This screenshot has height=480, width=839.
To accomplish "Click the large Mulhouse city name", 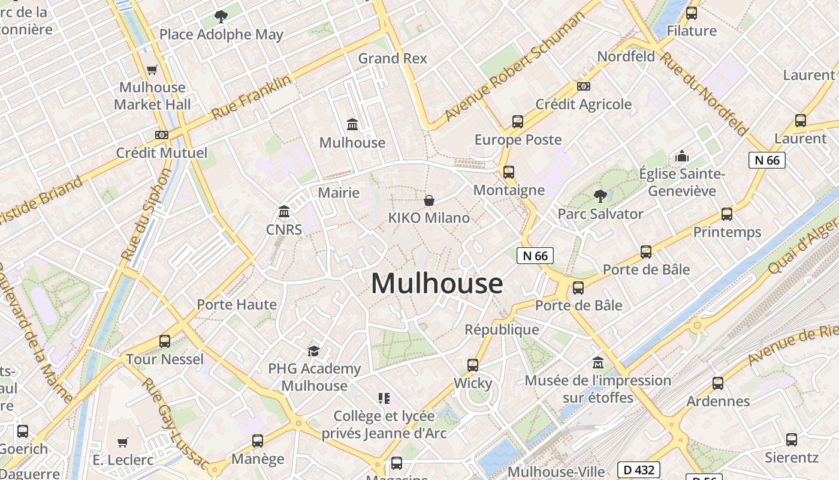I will tap(437, 283).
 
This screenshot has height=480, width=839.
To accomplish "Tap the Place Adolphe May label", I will tap(221, 35).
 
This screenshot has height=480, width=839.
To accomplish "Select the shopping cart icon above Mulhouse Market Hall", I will tap(152, 70).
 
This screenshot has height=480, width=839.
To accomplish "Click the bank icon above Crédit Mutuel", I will tap(161, 135).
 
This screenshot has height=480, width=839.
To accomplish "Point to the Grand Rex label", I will tap(393, 58).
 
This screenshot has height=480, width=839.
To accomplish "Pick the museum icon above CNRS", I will tap(284, 212).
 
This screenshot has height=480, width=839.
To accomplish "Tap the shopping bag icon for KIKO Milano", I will tap(429, 200).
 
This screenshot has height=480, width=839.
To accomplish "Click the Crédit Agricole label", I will tap(583, 104).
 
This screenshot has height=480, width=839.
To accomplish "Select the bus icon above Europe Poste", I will tap(518, 122).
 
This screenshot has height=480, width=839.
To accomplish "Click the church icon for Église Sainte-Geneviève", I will tap(682, 157).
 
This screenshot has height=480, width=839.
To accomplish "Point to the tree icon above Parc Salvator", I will tap(600, 196).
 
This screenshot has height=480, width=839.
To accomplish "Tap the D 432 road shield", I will tap(639, 470).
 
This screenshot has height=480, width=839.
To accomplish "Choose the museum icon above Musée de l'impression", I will tap(597, 363).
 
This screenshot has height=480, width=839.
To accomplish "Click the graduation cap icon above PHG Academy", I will tap(313, 351).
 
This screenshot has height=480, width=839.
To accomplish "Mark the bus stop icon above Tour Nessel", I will tap(165, 341).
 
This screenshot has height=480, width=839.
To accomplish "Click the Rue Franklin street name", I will tap(252, 97).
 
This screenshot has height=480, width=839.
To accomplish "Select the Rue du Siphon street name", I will tap(146, 214).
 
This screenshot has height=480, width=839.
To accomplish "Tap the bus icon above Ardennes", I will tap(718, 383).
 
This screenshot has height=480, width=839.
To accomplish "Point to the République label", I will tap(502, 329).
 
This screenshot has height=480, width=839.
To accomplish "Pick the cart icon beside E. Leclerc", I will tap(123, 443).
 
